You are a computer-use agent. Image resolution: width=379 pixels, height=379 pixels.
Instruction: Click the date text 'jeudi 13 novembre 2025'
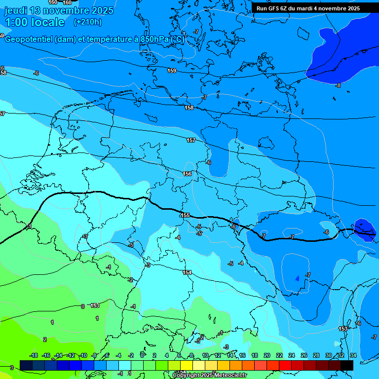[x=59, y=10]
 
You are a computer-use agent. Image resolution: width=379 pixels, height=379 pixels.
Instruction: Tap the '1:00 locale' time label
[x=35, y=22]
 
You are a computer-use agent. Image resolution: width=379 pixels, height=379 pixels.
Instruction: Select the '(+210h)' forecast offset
[x=87, y=22]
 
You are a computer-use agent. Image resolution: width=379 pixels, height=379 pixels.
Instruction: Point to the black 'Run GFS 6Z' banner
[x=308, y=8]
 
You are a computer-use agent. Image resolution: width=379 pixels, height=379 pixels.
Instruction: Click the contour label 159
[x=172, y=71]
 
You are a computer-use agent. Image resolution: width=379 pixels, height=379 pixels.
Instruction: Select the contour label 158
[x=189, y=108]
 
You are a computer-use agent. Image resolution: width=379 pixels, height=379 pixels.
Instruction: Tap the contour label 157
[x=191, y=141]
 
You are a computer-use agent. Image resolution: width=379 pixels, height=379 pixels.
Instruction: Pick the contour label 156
[x=187, y=174]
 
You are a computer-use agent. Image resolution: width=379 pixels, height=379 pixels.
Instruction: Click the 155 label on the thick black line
[x=185, y=215]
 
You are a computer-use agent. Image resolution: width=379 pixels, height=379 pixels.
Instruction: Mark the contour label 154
[x=187, y=272]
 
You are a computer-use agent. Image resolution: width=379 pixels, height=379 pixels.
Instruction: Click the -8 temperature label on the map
[x=338, y=85]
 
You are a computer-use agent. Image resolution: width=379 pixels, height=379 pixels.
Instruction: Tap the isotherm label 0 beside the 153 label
[x=82, y=306]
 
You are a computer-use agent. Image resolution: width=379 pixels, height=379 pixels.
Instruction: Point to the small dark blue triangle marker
[x=297, y=278]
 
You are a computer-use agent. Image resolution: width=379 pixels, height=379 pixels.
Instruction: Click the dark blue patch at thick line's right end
[x=365, y=228]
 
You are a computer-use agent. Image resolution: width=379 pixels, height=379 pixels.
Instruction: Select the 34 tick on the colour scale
[x=353, y=355]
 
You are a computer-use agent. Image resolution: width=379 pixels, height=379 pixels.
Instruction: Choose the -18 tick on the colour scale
[x=34, y=355]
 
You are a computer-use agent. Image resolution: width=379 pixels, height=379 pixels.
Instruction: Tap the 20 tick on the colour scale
[x=266, y=355]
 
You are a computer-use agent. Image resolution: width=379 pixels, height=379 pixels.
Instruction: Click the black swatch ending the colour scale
[x=347, y=365]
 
